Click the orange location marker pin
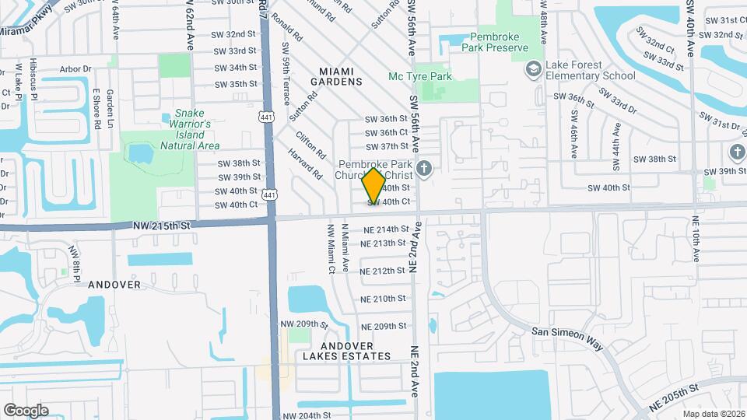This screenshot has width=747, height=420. click(373, 185)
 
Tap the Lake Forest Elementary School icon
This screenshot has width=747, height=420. click(533, 70)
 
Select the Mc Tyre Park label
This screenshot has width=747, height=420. click(420, 76)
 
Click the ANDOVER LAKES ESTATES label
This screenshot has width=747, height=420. click(346, 351)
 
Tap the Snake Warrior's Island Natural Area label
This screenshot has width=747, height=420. click(190, 129)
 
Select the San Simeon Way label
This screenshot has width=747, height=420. click(567, 331)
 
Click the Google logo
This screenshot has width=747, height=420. click(26, 411)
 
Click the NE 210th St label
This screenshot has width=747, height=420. click(384, 299)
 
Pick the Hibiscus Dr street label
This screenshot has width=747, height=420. click(33, 78)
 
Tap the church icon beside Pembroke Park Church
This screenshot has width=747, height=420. click(424, 169)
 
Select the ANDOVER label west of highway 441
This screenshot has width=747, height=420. click(114, 285)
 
